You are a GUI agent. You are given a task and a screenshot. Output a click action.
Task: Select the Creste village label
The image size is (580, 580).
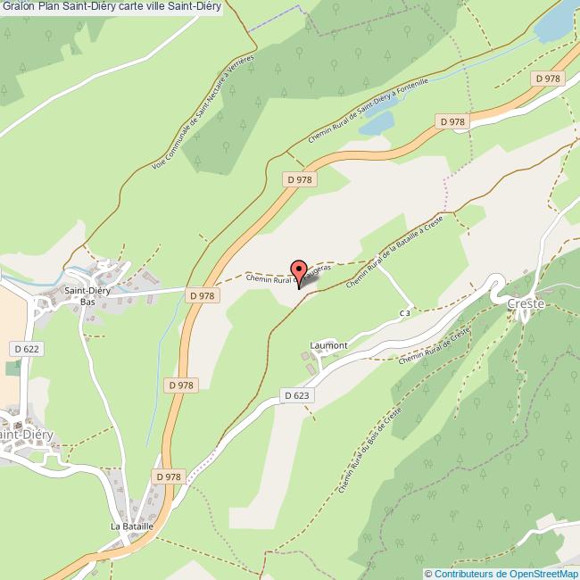tap(526, 303)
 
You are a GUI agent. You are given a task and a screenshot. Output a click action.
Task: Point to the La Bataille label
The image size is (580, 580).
tap(132, 526)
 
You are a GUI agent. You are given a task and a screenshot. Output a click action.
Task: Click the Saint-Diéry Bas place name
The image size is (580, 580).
tap(87, 296)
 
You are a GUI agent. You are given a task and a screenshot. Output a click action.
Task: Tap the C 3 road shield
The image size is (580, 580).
tap(405, 313)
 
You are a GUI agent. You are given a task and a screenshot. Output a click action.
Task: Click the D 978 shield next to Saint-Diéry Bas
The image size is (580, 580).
tap(203, 295)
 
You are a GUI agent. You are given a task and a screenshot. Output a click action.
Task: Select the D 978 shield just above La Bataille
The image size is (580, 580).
tap(168, 477)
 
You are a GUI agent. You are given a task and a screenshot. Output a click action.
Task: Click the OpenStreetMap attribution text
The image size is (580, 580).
tap(501, 574)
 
